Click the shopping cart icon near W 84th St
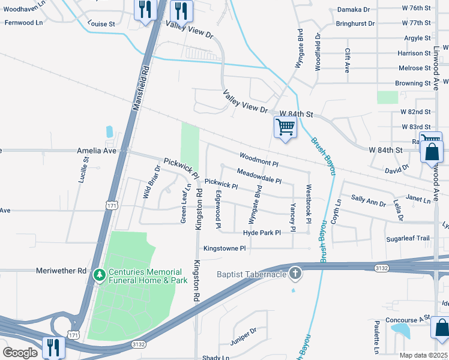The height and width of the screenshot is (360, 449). (x=285, y=127)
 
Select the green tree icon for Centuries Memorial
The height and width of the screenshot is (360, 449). (x=100, y=275)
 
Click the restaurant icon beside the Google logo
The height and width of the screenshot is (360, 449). (x=53, y=346)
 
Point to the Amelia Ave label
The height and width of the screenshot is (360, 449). (x=96, y=151)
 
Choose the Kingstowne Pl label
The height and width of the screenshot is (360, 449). (x=224, y=248)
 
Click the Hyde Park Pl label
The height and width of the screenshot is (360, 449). (x=262, y=232)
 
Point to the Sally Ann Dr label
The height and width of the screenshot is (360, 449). (x=368, y=200)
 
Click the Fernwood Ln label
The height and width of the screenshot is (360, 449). (x=23, y=22)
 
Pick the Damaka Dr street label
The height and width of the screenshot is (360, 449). (x=354, y=10)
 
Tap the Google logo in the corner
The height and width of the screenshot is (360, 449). (x=20, y=352)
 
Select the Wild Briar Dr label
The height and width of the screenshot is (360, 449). (x=150, y=182)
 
